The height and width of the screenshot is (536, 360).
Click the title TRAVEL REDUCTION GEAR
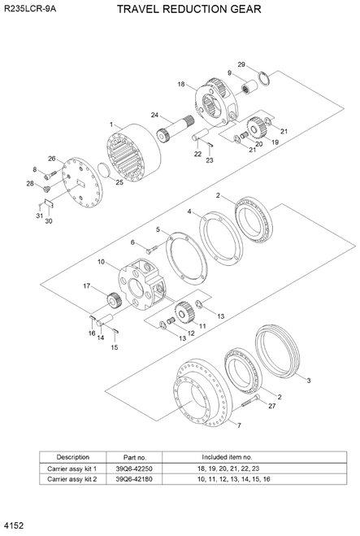pyautogui.click(x=189, y=10)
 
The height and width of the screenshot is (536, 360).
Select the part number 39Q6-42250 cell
pyautogui.click(x=134, y=468)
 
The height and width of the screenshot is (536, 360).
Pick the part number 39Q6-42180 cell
pyautogui.click(x=134, y=480)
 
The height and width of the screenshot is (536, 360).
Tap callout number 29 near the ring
pyautogui.click(x=241, y=64)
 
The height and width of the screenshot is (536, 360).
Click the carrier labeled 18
pyautogui.click(x=215, y=101)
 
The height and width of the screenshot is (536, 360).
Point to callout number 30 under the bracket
pyautogui.click(x=48, y=220)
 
